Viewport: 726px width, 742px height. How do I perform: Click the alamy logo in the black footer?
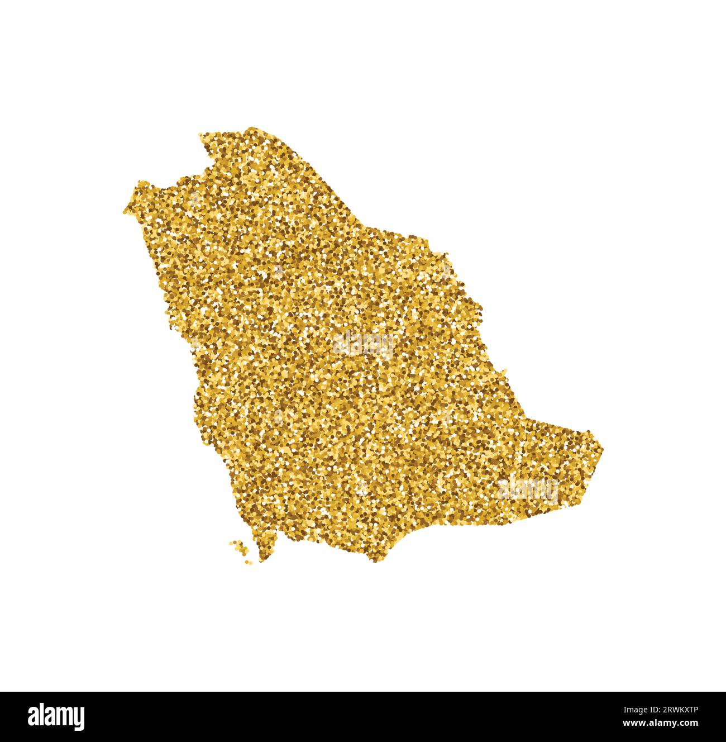[56, 716]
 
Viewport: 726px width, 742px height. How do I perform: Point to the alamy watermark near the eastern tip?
[528, 488]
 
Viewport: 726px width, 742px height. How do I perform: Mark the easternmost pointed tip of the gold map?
[603, 447]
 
